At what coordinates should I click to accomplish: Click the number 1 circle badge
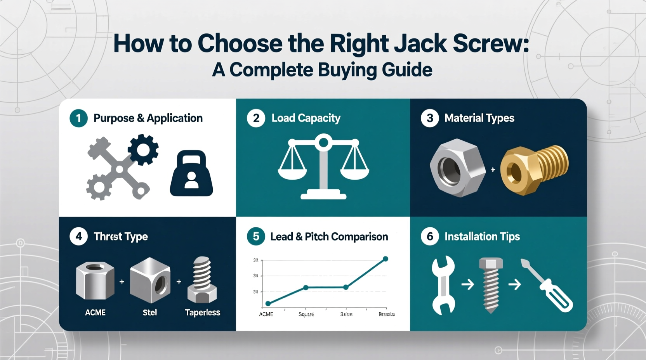coord(78,118)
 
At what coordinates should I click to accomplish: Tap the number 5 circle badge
coord(256,237)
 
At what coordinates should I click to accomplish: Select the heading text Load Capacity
coord(306,118)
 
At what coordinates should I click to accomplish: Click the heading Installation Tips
coord(482,237)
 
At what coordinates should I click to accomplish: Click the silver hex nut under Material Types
coord(457,168)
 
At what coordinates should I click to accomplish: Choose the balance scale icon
coord(323,167)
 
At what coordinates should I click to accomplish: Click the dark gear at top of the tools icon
coord(143,149)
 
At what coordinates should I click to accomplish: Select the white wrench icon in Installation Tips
coord(443,285)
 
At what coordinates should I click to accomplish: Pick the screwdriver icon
coord(547,286)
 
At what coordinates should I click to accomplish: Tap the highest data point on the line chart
coord(386,259)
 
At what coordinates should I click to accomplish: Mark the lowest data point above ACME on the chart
coord(268,304)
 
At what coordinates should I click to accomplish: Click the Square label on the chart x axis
coord(306,314)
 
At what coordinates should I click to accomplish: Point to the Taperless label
coord(202,313)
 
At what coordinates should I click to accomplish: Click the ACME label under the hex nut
coord(95,313)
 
